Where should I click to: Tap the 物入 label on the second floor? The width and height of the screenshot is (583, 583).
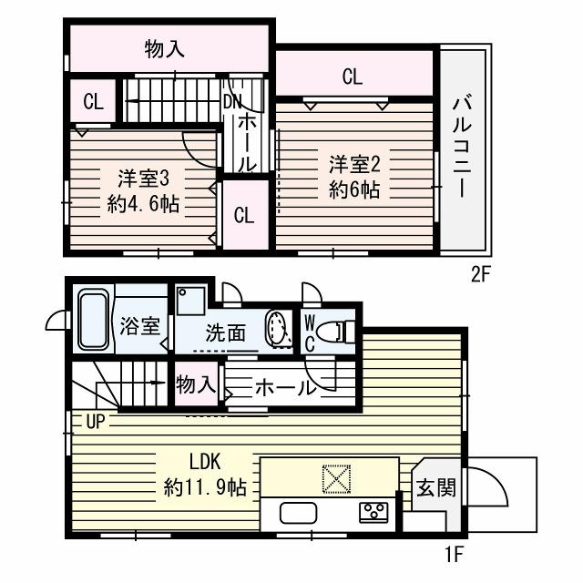coord(167,51)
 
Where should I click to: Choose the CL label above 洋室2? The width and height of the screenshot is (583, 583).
coord(353,77)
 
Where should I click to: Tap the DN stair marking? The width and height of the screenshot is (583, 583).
coord(233,101)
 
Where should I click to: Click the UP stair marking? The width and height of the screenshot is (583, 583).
coord(96,422)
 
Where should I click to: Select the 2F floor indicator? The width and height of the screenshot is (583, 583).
coord(482,271)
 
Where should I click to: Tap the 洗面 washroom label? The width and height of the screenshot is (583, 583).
coord(224,333)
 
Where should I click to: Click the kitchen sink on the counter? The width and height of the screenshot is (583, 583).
coord(298,513)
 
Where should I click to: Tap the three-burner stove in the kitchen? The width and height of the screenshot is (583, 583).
coord(373,513)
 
